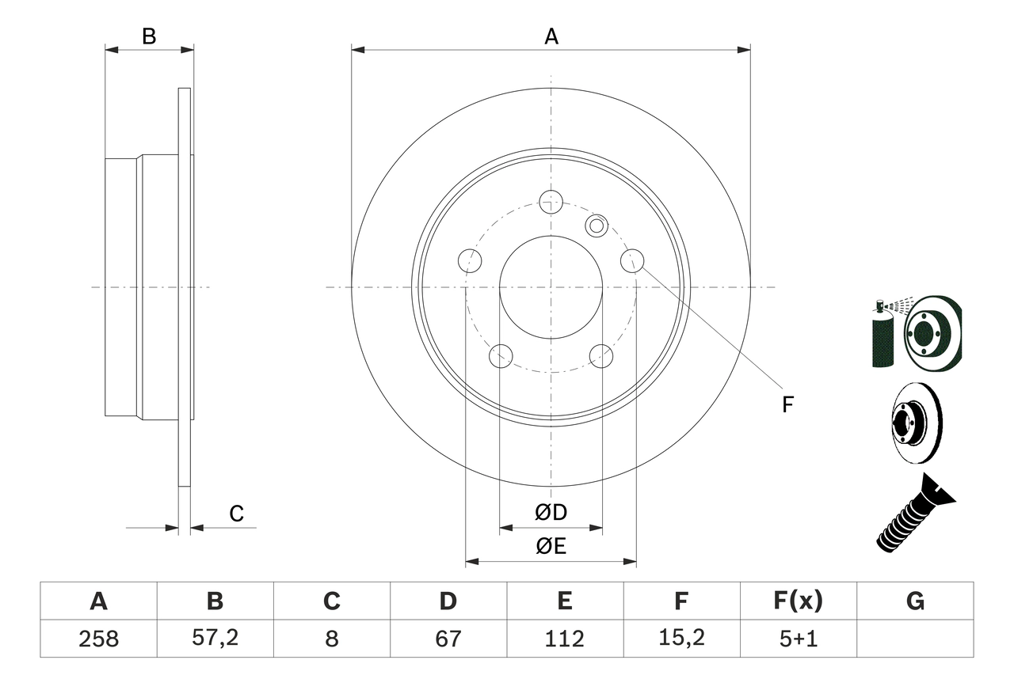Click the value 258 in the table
click(98, 639)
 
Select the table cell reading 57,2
click(215, 639)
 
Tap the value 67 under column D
click(448, 639)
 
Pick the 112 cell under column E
click(564, 639)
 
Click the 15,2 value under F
click(680, 639)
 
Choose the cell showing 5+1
click(798, 639)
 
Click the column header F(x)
click(798, 601)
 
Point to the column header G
click(915, 601)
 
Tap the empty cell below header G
click(915, 639)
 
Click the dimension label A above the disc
click(551, 36)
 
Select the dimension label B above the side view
click(149, 36)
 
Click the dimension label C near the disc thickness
click(236, 514)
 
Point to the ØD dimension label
click(551, 513)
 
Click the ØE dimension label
click(551, 547)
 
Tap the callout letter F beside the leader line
click(787, 405)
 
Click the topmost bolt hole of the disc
click(551, 201)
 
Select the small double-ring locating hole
click(596, 226)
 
